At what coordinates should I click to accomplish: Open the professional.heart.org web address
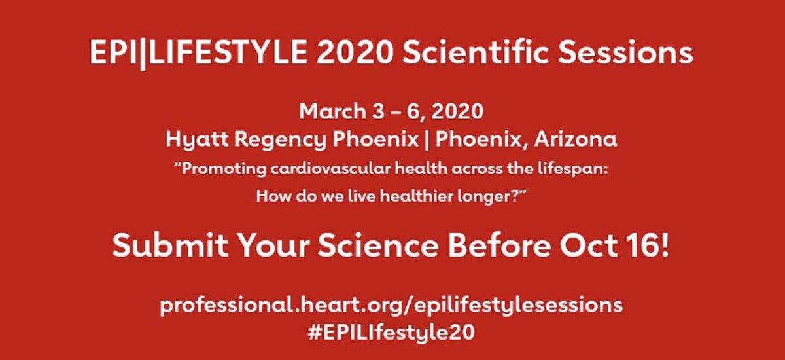pyautogui.click(x=391, y=306)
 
